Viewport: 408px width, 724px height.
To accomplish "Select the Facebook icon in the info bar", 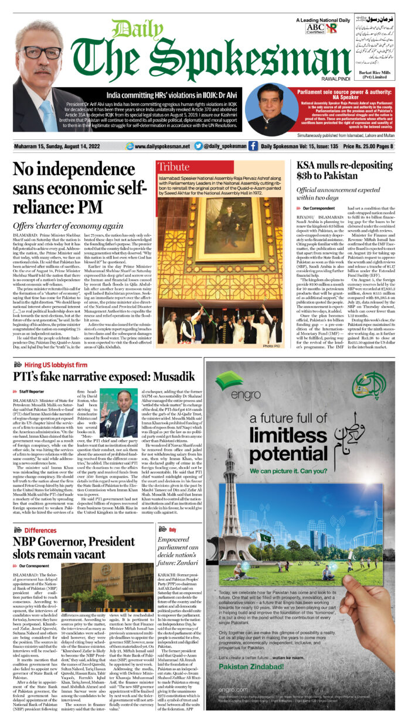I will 253,146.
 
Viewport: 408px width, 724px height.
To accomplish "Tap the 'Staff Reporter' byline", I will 31,391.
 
